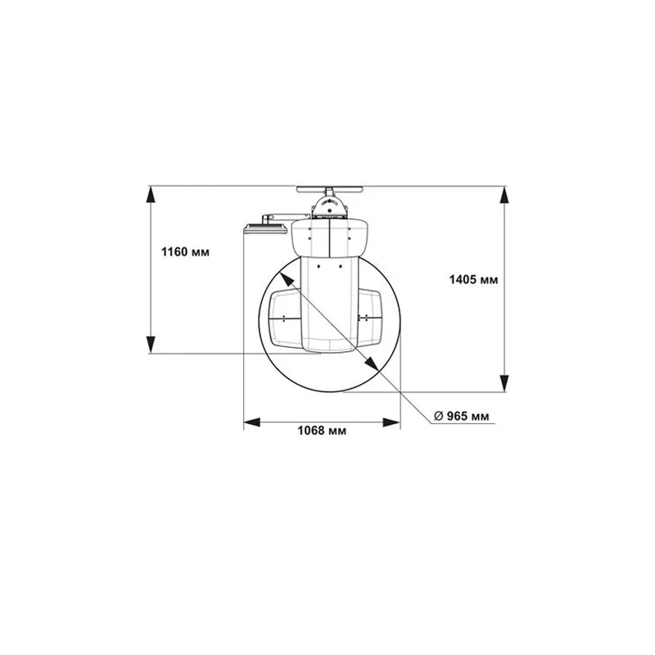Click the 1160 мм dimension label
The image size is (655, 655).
(x=185, y=252)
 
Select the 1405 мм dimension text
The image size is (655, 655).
(x=473, y=279)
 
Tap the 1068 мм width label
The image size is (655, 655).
(x=322, y=431)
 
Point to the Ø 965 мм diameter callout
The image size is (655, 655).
(x=461, y=416)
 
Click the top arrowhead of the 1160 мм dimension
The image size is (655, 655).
(x=151, y=194)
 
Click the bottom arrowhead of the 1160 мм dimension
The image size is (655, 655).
(x=151, y=345)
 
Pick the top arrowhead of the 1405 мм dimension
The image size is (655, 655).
(x=504, y=195)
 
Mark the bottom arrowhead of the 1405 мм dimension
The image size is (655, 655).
(x=504, y=383)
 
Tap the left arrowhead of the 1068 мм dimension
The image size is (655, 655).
(x=252, y=422)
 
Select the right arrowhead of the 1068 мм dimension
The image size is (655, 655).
(x=391, y=422)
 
